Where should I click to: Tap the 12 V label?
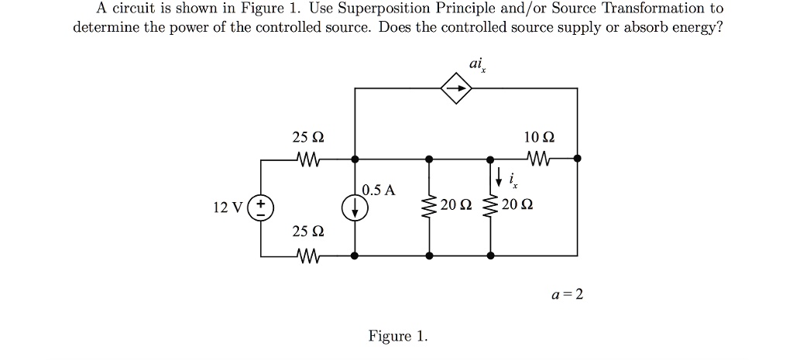(227, 207)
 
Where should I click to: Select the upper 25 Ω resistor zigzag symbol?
(308, 159)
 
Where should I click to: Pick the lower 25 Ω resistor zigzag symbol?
(308, 255)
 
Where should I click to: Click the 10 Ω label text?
(538, 138)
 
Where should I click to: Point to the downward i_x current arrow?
(500, 177)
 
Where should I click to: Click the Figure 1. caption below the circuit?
(397, 336)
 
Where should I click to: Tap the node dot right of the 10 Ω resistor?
(577, 159)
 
